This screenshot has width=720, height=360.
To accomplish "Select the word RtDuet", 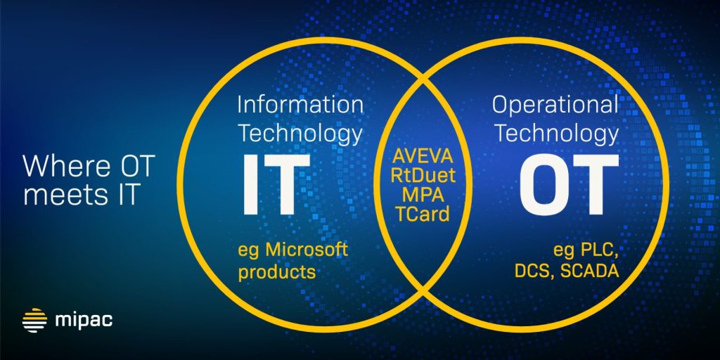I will (x=424, y=175).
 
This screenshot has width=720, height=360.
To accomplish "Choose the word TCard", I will (x=424, y=213).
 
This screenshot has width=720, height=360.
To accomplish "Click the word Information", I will (x=300, y=105).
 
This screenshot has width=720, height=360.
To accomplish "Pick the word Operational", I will (x=555, y=105).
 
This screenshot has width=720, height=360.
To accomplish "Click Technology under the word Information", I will (x=300, y=133).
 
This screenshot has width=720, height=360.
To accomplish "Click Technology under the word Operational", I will (x=555, y=133).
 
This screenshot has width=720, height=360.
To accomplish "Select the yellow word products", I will (x=276, y=272).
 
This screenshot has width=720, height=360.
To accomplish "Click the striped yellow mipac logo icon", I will (x=34, y=320).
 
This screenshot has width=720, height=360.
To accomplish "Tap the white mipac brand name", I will (x=84, y=321).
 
